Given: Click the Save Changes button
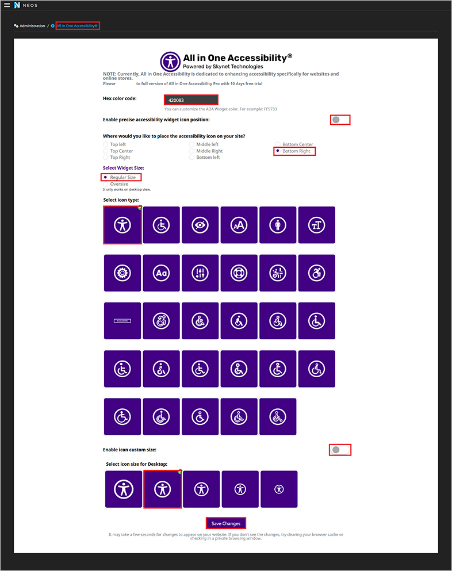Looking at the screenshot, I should [x=226, y=523].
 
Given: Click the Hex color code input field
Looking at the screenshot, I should [x=191, y=100].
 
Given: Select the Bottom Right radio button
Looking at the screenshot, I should [x=278, y=151].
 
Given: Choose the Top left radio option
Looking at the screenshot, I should [x=105, y=145].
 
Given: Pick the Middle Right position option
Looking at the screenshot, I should [x=191, y=151].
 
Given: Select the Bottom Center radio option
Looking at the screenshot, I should [x=278, y=145].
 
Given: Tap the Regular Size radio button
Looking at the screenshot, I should [x=106, y=178].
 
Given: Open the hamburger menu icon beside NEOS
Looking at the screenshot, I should [x=7, y=5].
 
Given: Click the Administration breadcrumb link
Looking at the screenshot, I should [x=32, y=26].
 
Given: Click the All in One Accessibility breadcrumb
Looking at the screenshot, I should [x=77, y=26].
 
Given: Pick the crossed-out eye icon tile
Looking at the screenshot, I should [x=200, y=225].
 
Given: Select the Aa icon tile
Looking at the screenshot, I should [x=161, y=272].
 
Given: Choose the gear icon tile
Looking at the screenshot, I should [x=122, y=272].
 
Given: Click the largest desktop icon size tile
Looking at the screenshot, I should [x=123, y=489].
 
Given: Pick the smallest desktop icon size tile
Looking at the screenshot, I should [x=279, y=489].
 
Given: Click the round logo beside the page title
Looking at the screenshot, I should [x=170, y=62].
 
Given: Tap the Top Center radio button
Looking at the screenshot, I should [x=105, y=151].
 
